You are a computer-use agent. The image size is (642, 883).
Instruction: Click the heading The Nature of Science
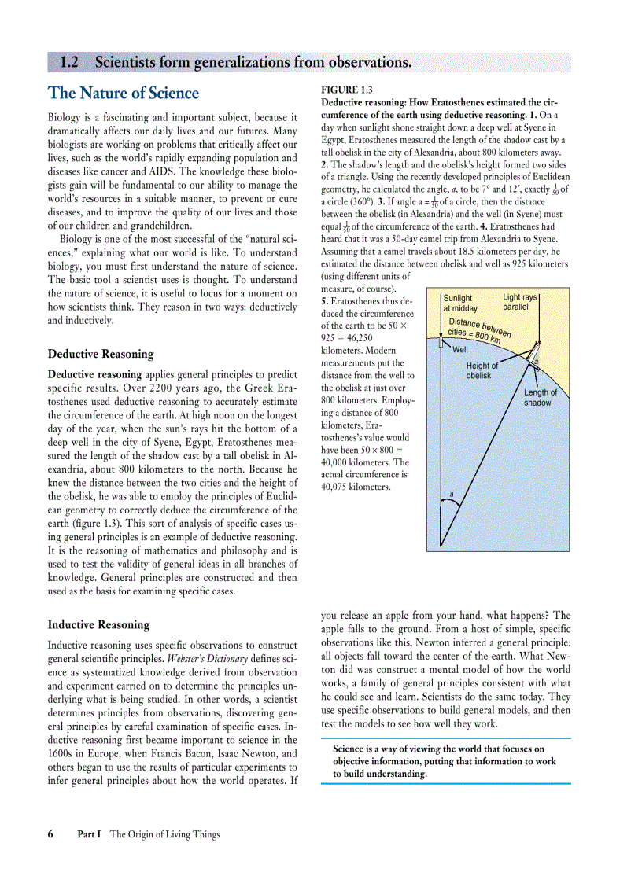click(x=124, y=94)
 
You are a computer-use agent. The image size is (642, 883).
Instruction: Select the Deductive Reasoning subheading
click(x=101, y=354)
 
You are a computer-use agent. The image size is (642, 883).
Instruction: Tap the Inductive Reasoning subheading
click(x=98, y=625)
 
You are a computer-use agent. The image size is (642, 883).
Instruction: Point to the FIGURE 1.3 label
click(x=347, y=90)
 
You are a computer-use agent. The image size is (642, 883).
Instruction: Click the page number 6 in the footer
click(x=50, y=834)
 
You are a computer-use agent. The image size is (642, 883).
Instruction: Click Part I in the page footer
click(x=89, y=834)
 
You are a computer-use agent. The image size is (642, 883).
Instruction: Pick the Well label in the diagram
click(x=460, y=349)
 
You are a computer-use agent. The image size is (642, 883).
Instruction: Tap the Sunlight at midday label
click(x=459, y=304)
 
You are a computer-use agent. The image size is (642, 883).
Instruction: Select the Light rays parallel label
click(x=519, y=302)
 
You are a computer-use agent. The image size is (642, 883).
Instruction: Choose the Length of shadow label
click(x=540, y=397)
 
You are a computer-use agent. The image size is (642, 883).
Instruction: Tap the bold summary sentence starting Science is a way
click(x=445, y=761)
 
